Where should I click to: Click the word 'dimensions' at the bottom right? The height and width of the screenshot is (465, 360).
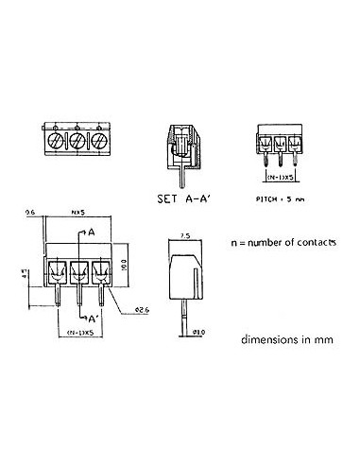(x=266, y=338)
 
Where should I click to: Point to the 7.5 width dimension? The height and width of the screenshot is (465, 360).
(x=186, y=234)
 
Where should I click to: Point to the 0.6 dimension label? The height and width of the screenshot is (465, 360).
(x=30, y=214)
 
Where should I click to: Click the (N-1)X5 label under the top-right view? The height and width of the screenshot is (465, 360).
(x=279, y=177)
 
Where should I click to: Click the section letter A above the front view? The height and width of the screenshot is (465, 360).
(x=92, y=232)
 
